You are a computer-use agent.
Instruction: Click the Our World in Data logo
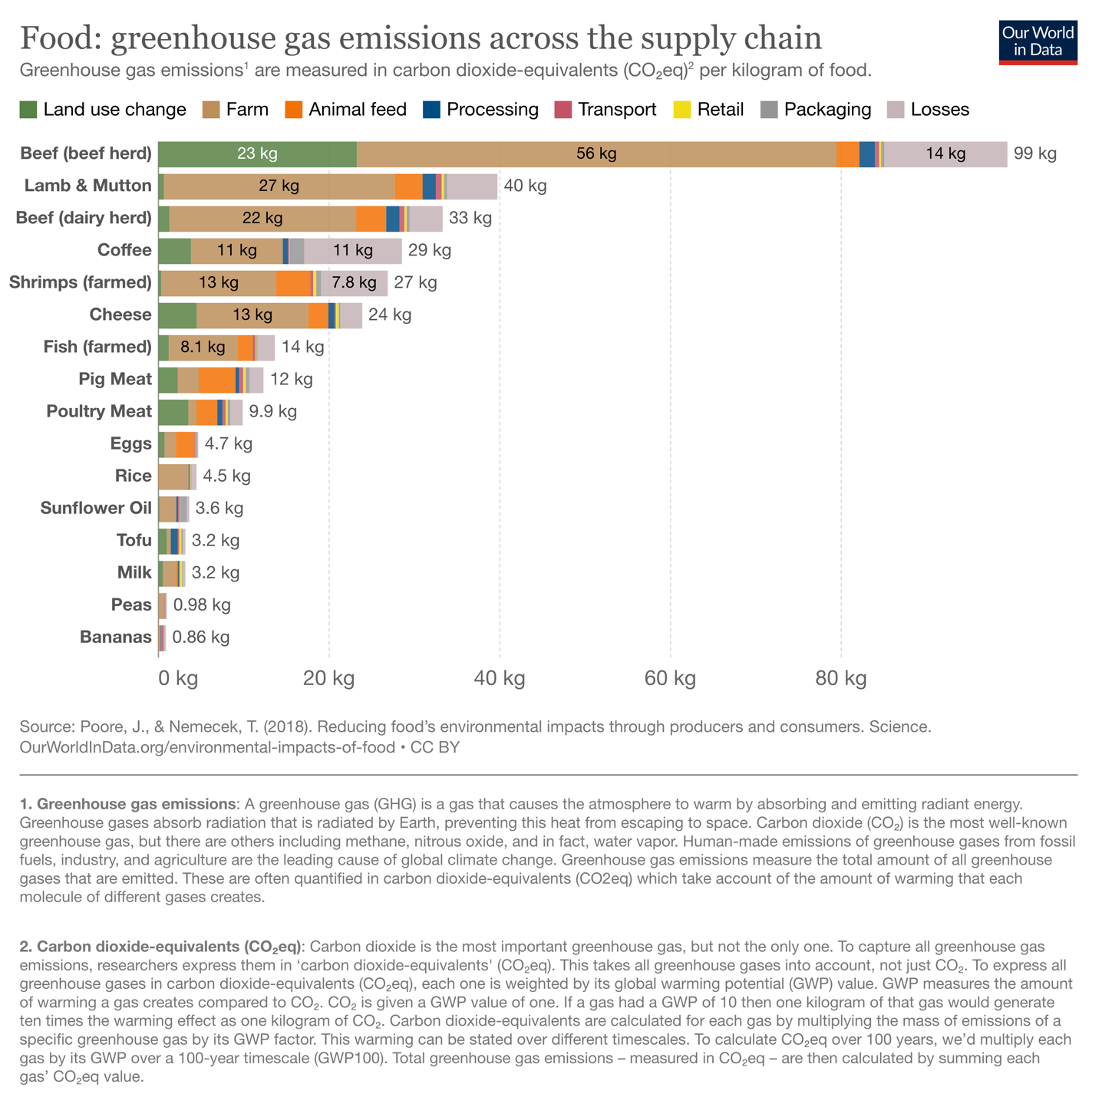point(1038,41)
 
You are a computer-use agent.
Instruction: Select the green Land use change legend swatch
point(28,110)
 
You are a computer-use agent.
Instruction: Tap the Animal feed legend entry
point(345,110)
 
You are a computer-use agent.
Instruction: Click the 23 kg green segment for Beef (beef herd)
point(257,153)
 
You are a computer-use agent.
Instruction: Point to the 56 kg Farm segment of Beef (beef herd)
point(596,153)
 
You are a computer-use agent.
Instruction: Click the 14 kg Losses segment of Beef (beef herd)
point(945,153)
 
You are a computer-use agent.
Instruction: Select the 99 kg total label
point(1034,153)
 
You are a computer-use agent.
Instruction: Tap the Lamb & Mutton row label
point(87,186)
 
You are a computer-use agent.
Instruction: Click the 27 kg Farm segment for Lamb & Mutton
point(279,186)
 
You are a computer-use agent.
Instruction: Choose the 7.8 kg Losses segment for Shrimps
point(354,282)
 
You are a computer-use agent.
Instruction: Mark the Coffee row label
point(124,250)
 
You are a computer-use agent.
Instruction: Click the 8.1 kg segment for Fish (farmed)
point(203,347)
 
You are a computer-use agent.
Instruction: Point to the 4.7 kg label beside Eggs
point(228,443)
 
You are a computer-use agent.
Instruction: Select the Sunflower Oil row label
point(96,508)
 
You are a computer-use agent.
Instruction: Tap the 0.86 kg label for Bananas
point(200,637)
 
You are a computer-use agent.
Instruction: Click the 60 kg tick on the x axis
point(670,678)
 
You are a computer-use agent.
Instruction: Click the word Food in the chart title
point(60,38)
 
